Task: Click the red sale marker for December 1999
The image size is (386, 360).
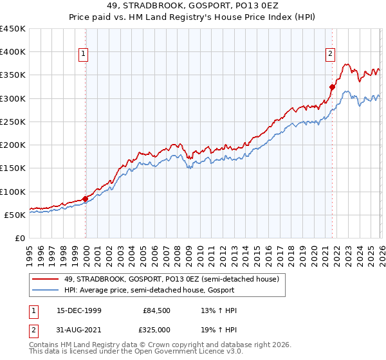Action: (x=86, y=199)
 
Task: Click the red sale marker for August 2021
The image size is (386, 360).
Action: (x=333, y=87)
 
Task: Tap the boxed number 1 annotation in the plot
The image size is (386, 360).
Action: (x=84, y=55)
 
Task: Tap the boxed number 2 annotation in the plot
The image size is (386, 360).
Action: (x=330, y=55)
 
